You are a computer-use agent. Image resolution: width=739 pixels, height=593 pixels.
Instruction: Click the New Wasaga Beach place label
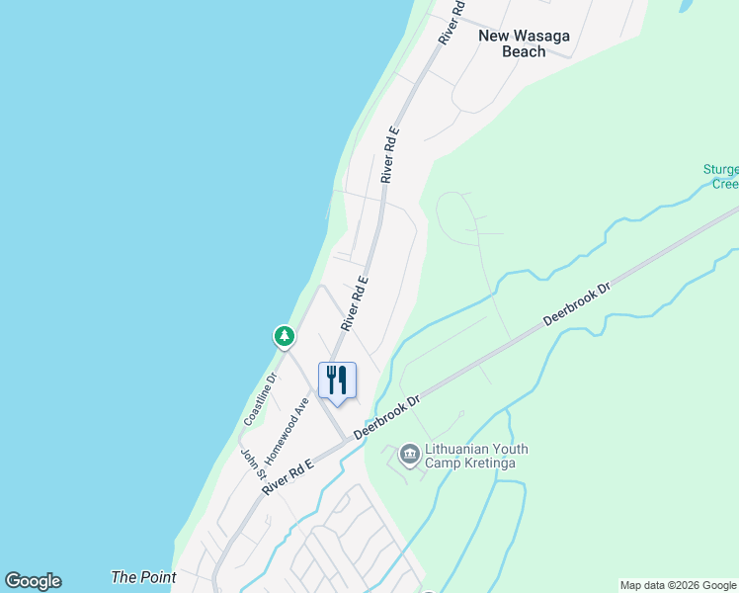524,43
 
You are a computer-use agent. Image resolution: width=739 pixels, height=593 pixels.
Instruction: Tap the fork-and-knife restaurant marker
337,380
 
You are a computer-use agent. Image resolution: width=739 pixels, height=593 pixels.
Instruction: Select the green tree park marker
285,337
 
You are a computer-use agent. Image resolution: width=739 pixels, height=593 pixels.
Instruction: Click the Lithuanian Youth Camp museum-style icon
409,456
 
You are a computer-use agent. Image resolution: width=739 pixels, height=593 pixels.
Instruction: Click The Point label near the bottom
143,577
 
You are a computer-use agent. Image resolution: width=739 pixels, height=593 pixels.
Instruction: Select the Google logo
33,581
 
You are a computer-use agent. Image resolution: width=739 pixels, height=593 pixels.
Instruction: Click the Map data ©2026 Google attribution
679,585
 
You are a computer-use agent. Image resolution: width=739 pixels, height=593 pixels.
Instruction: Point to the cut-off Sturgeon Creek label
720,177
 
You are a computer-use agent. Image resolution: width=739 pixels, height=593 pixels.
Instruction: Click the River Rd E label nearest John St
288,478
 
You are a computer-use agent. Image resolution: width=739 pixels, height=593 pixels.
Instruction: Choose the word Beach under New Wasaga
524,51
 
